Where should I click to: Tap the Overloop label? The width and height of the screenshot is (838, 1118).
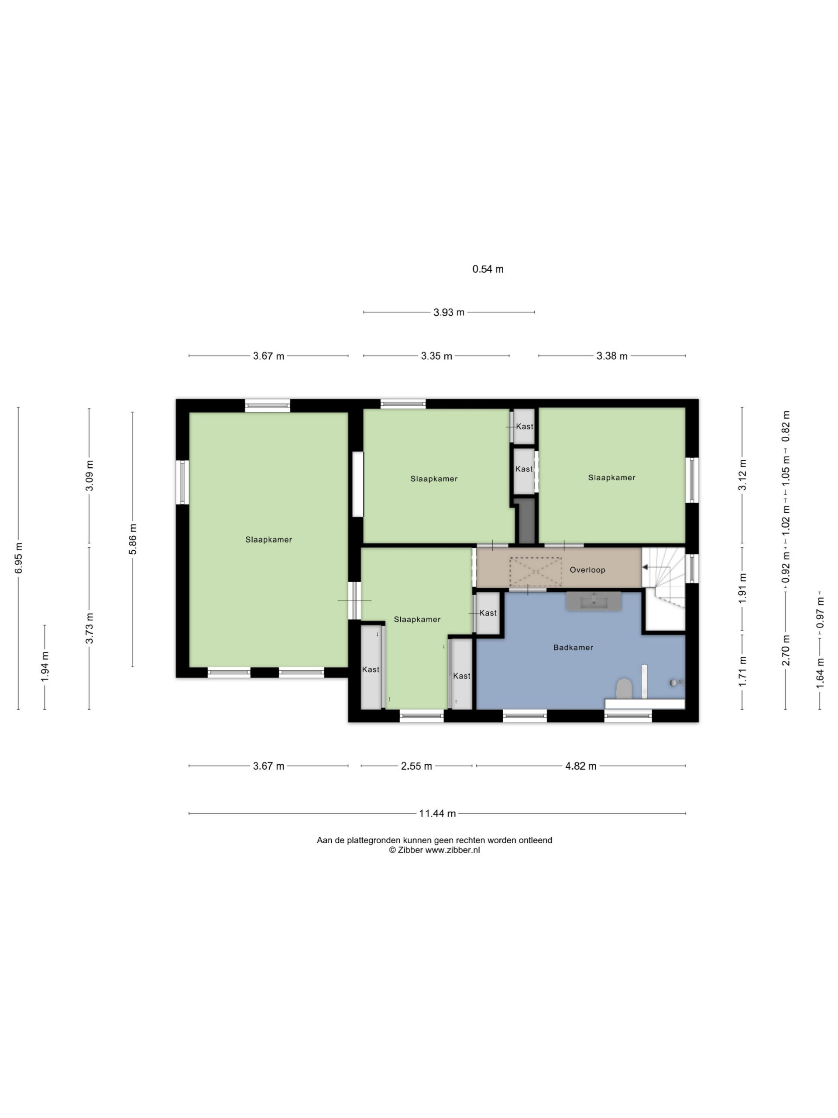(587, 569)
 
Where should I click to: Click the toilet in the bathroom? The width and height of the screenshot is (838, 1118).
(625, 688)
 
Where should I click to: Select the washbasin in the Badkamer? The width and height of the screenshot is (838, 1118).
(594, 601)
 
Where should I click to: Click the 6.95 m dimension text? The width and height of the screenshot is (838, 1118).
(19, 558)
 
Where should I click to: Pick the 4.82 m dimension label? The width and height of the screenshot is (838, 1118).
(581, 766)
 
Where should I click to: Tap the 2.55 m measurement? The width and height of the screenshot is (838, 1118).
(416, 766)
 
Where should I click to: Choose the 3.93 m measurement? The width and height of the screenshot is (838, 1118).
(449, 312)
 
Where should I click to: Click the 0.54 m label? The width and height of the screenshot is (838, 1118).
(488, 269)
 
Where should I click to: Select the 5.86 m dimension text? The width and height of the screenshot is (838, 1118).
(133, 539)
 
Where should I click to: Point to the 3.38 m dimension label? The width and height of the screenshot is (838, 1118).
(612, 356)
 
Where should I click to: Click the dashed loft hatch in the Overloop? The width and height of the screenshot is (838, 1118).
(536, 571)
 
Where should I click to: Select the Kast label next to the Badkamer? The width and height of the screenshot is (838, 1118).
(488, 613)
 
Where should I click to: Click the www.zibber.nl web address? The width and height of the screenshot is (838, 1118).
(453, 850)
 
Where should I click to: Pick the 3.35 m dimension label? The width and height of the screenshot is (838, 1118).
(436, 356)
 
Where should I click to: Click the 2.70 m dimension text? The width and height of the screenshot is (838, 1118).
(786, 656)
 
